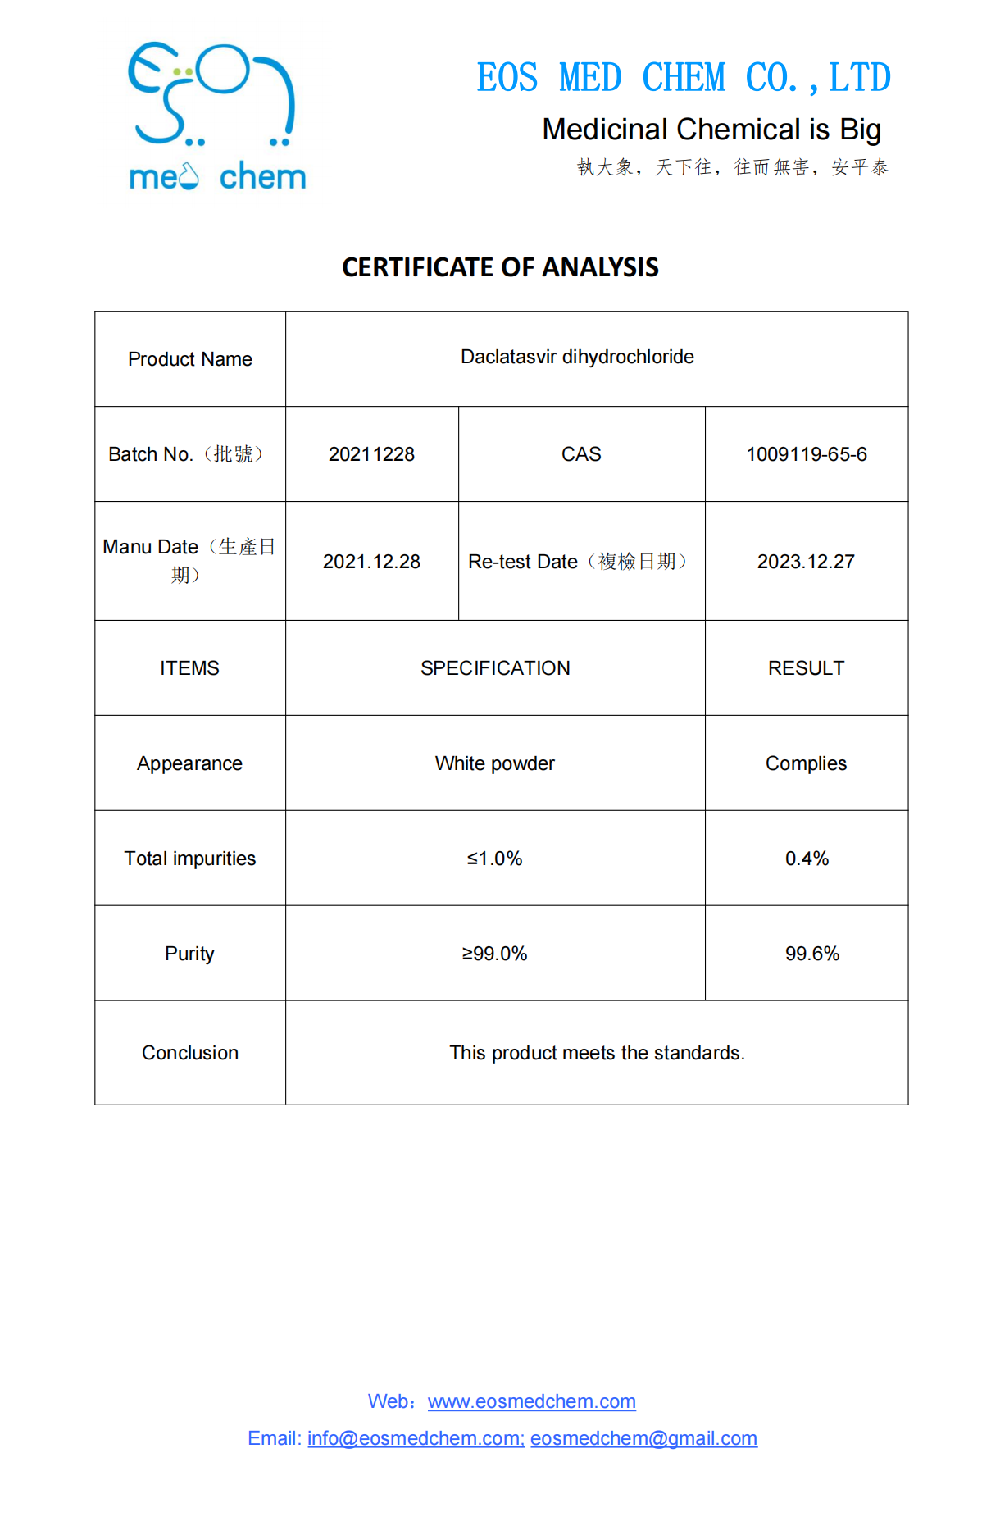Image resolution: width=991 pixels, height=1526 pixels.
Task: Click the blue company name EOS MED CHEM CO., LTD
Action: pyautogui.click(x=684, y=79)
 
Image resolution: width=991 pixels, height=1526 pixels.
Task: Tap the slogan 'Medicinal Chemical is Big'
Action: pyautogui.click(x=711, y=130)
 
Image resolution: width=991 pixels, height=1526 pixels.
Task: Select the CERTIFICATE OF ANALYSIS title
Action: pyautogui.click(x=500, y=267)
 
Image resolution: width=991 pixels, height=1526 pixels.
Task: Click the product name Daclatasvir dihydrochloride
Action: pyautogui.click(x=577, y=357)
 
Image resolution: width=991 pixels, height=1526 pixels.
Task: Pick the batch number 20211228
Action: pyautogui.click(x=371, y=454)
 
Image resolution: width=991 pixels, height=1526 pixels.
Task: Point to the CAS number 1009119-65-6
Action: pyautogui.click(x=807, y=454)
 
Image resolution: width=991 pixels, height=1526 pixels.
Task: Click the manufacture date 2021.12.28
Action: pyautogui.click(x=371, y=562)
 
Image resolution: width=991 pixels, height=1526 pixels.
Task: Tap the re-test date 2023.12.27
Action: pyautogui.click(x=806, y=562)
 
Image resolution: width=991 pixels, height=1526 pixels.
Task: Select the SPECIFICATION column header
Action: pyautogui.click(x=495, y=668)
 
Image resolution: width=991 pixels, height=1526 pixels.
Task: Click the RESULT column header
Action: pyautogui.click(x=806, y=668)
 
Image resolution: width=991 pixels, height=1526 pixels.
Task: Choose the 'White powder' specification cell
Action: pyautogui.click(x=495, y=763)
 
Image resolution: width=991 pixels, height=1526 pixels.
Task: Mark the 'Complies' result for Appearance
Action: pyautogui.click(x=806, y=763)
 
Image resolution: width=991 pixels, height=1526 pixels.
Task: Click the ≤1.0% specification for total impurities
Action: pyautogui.click(x=495, y=859)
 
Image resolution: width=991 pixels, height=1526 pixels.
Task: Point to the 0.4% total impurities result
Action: pyautogui.click(x=807, y=859)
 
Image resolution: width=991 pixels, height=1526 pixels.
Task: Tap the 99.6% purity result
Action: pyautogui.click(x=811, y=954)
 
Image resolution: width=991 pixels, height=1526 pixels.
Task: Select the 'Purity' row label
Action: pyautogui.click(x=189, y=954)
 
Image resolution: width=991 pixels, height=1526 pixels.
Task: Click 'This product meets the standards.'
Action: pyautogui.click(x=597, y=1053)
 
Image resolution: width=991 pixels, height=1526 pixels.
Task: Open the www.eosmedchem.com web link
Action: pyautogui.click(x=531, y=1401)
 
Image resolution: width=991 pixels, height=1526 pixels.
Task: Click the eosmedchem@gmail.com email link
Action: pyautogui.click(x=643, y=1438)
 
